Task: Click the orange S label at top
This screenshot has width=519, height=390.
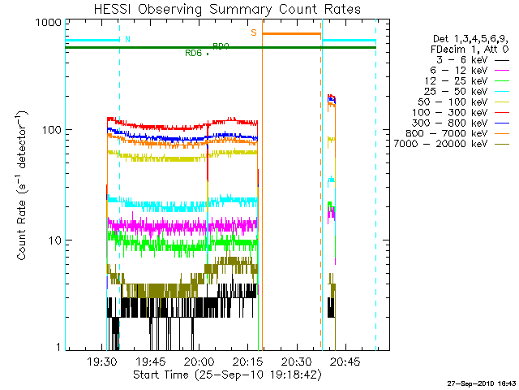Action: pos(254,33)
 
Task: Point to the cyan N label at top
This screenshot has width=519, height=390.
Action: pos(127,39)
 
